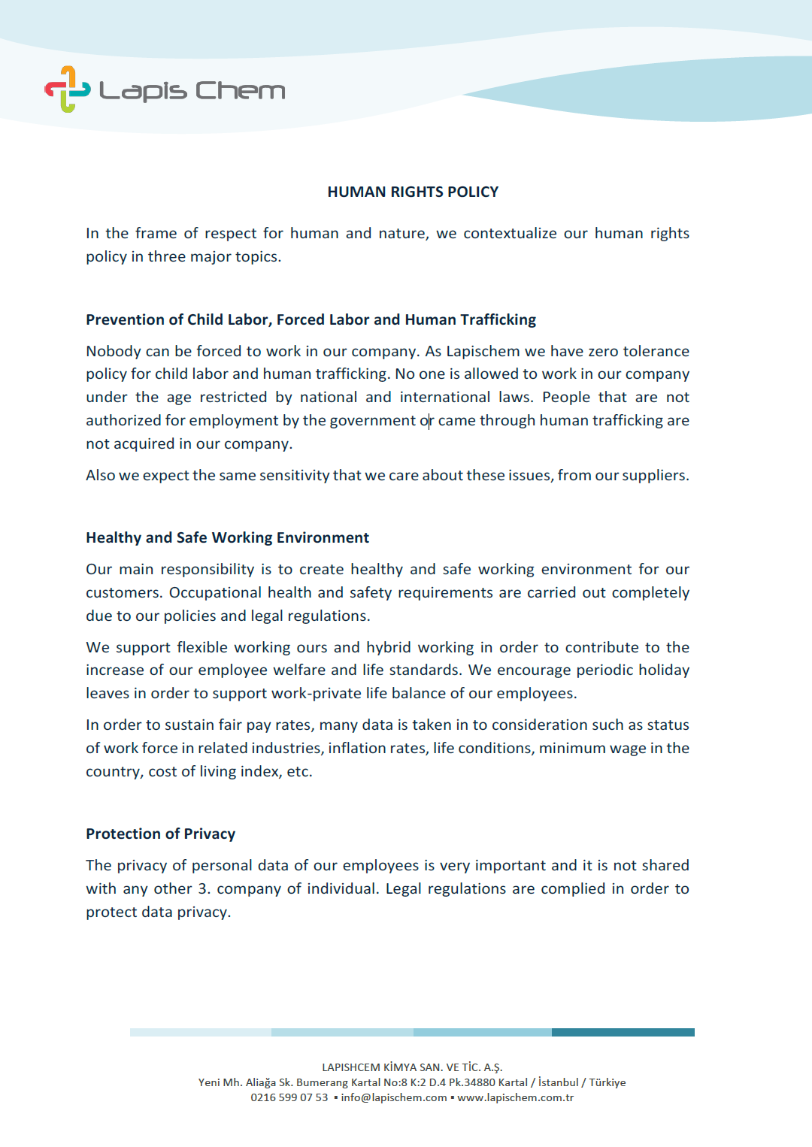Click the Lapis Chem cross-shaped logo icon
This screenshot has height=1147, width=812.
pos(68,89)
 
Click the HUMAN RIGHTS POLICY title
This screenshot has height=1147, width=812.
pos(413,192)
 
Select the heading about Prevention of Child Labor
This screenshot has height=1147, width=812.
pos(311,319)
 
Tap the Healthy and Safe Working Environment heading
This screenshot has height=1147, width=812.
pos(227,537)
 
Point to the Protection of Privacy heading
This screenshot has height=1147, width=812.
pos(160,834)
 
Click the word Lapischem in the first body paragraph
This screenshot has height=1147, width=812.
pos(483,351)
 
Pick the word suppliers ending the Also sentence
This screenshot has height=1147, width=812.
pos(655,475)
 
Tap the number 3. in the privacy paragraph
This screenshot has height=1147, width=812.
pos(204,888)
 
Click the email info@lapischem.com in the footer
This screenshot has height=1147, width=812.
pos(394,1097)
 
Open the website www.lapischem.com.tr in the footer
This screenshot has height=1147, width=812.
pos(515,1097)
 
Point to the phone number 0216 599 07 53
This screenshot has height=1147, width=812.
pos(289,1097)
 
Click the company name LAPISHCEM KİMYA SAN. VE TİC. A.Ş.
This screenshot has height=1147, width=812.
pos(412,1067)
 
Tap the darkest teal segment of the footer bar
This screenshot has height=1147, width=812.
pos(623,1032)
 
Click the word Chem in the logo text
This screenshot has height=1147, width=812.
pos(240,91)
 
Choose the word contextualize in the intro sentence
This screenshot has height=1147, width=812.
pos(510,233)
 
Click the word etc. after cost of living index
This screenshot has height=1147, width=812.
pos(299,771)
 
